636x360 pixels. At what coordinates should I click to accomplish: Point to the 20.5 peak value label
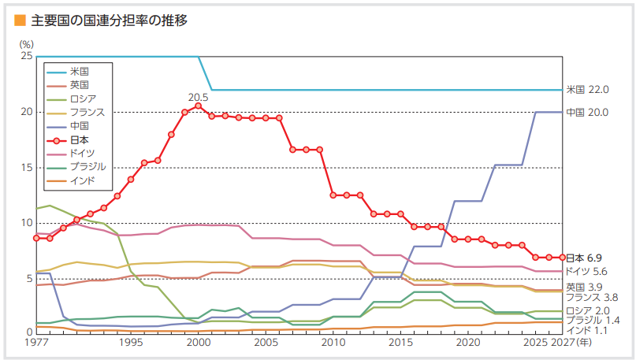(198, 98)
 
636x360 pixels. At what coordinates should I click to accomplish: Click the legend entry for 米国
(79, 71)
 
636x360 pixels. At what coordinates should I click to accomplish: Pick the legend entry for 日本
(79, 139)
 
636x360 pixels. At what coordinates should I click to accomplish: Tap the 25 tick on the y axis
(27, 57)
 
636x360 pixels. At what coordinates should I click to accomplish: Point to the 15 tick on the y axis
(27, 168)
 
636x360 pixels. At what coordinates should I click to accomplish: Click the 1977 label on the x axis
(36, 343)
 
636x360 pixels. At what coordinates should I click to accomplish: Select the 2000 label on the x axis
(198, 343)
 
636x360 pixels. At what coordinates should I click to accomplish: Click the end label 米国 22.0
(587, 90)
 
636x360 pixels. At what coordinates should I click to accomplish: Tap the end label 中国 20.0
(587, 113)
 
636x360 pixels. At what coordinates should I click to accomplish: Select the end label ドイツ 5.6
(587, 271)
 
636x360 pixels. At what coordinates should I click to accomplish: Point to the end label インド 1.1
(587, 331)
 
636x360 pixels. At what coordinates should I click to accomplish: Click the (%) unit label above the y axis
(27, 44)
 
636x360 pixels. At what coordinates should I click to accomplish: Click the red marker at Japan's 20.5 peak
(198, 106)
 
